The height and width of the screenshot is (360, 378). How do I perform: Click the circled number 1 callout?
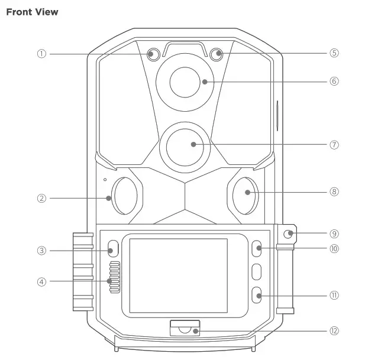(x=41, y=53)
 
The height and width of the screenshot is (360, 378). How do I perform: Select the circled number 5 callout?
(x=334, y=53)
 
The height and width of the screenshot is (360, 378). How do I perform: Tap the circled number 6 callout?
(x=334, y=81)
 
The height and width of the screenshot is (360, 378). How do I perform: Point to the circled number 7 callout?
(x=334, y=144)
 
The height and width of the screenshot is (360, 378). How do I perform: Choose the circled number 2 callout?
(x=41, y=199)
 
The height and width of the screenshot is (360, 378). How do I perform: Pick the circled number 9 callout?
(x=334, y=233)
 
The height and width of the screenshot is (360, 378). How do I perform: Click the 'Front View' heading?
(x=32, y=12)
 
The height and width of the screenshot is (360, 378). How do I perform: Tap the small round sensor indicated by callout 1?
(x=153, y=54)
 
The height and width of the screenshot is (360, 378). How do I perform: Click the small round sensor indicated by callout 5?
(x=218, y=54)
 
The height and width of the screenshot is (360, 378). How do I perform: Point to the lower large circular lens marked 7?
(x=184, y=145)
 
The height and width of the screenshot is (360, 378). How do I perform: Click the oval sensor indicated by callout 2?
(x=125, y=195)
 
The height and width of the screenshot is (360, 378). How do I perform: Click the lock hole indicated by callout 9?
(x=288, y=234)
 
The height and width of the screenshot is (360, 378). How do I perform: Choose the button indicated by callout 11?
(x=256, y=295)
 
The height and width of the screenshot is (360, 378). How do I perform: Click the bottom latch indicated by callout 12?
(x=184, y=329)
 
